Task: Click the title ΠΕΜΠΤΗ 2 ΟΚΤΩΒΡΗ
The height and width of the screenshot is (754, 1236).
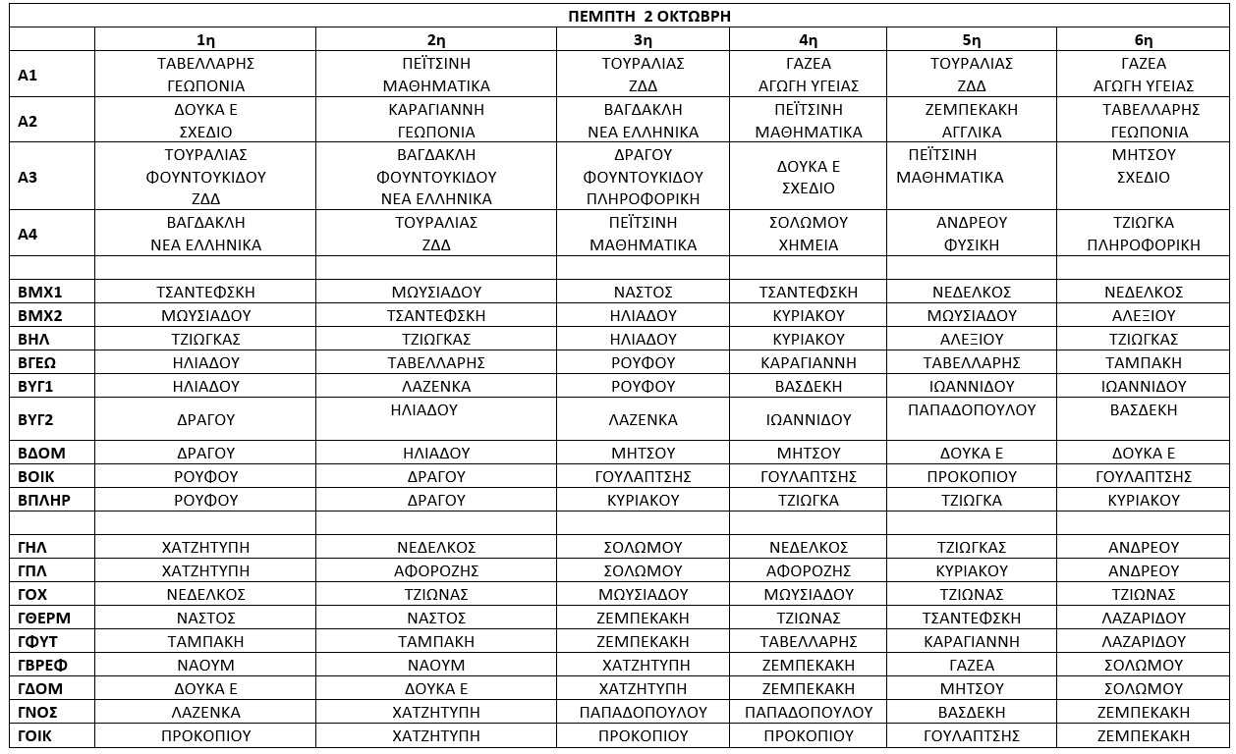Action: [x=649, y=17]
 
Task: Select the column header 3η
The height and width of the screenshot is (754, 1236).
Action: [x=643, y=40]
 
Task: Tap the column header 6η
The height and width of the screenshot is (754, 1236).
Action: [x=1144, y=40]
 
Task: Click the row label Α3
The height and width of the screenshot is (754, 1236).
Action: [x=28, y=178]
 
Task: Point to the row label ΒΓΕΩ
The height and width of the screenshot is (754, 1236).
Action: [x=38, y=363]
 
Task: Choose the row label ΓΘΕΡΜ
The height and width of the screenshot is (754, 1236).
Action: [x=44, y=619]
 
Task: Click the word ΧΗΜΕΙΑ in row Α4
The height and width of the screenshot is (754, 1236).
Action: [x=809, y=245]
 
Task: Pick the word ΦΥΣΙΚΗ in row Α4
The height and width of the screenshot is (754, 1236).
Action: [x=971, y=245]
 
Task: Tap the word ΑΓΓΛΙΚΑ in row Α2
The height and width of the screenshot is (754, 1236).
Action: [x=971, y=133]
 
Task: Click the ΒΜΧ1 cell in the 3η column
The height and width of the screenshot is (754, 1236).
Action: [x=643, y=293]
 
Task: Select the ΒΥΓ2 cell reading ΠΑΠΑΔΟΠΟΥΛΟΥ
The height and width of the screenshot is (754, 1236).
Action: [x=971, y=410]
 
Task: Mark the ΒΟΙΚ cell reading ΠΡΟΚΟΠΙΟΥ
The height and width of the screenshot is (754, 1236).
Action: [x=971, y=477]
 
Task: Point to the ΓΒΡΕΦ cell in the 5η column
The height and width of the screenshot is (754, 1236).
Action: [x=971, y=666]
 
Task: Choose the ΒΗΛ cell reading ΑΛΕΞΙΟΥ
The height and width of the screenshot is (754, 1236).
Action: [x=971, y=340]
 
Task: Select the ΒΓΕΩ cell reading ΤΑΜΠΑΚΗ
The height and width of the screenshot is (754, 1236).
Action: [x=1144, y=363]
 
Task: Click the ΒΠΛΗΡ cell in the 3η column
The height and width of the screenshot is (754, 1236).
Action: [x=643, y=501]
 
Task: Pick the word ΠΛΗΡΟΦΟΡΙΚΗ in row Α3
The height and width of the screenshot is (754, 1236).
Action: [x=643, y=199]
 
